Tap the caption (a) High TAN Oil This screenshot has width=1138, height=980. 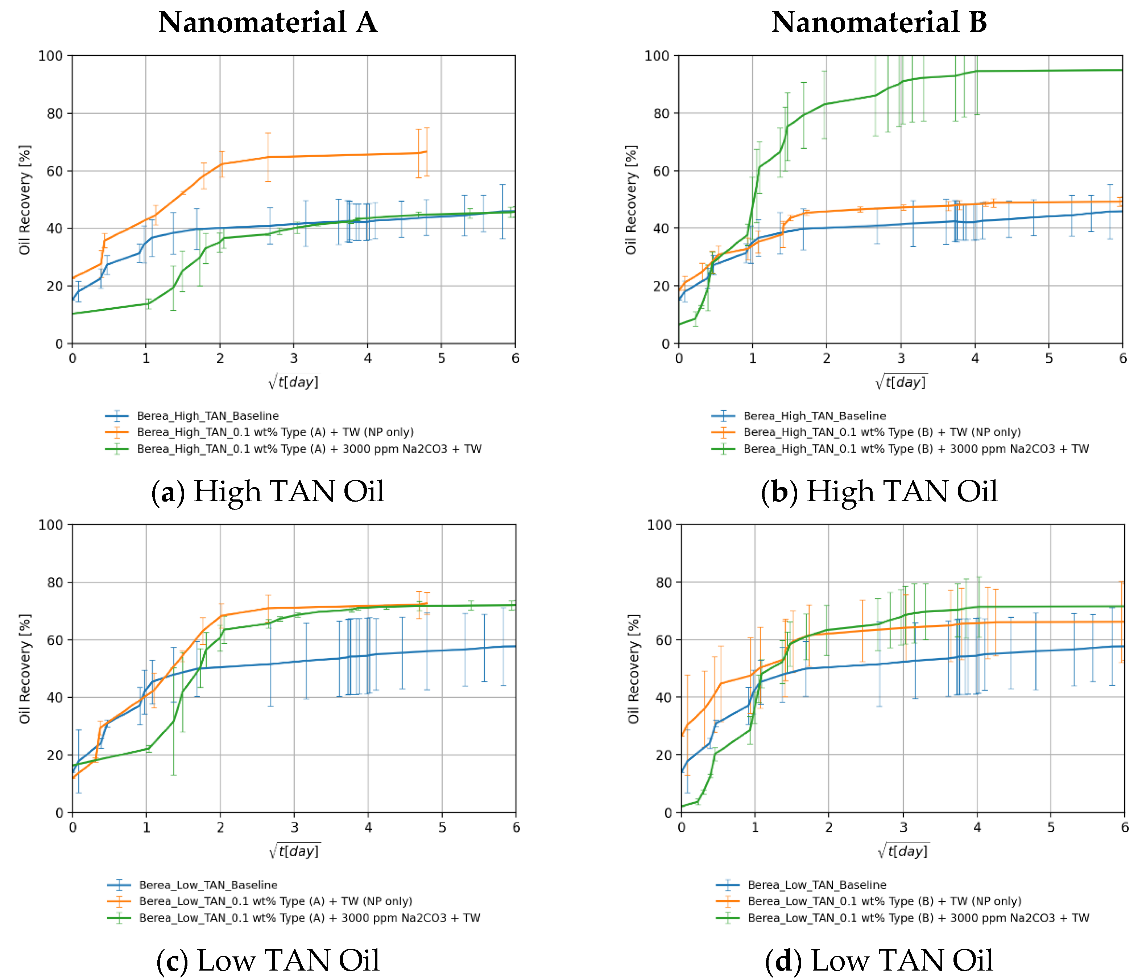(268, 491)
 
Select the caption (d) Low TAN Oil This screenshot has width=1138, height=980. (879, 960)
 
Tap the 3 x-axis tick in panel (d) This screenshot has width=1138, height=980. (903, 828)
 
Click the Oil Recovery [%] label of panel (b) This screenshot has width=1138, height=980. (631, 200)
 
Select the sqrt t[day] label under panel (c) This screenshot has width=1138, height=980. (294, 851)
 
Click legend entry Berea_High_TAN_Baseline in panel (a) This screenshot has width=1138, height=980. (208, 416)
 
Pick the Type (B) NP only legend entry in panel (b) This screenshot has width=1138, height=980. (882, 432)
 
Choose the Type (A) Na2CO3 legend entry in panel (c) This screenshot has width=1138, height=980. (309, 918)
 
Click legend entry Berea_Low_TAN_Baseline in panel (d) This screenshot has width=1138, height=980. (817, 885)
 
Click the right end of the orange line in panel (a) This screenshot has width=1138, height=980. (427, 152)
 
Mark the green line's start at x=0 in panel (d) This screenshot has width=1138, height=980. (682, 806)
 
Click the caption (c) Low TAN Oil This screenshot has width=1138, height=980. (268, 960)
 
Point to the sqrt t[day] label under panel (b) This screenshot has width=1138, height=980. (901, 381)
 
